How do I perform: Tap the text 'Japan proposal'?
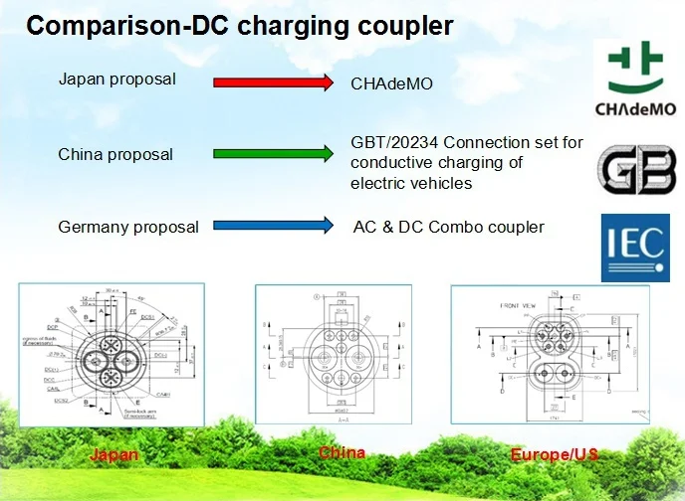click(117, 79)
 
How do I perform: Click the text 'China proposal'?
click(115, 154)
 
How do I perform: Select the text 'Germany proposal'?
click(128, 227)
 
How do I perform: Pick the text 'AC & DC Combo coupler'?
click(448, 227)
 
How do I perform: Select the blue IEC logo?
click(634, 246)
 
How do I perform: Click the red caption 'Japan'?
click(114, 454)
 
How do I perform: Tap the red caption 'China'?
click(342, 453)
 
